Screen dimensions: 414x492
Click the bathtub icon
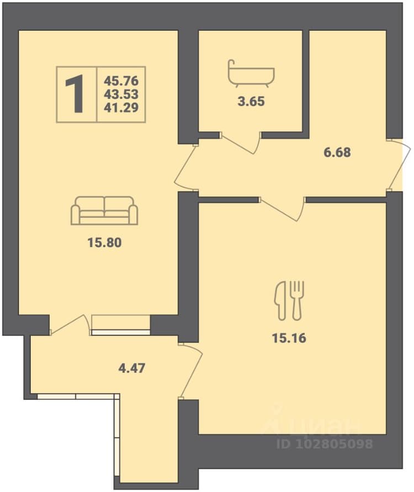(251, 72)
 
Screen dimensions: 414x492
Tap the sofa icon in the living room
(104, 211)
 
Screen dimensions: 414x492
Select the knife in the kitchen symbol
(280, 301)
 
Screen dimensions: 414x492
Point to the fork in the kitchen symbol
(296, 301)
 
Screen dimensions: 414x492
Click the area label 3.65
(251, 101)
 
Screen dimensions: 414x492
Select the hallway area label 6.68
(337, 152)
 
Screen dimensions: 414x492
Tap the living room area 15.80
(104, 243)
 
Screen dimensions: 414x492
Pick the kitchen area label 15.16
(289, 338)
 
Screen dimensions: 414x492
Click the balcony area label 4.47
(131, 368)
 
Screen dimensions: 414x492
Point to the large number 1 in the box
(75, 94)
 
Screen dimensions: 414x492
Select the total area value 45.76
(121, 81)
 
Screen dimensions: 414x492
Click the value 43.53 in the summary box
(121, 94)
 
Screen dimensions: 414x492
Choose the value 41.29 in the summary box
(121, 108)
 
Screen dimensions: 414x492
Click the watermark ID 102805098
(325, 443)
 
